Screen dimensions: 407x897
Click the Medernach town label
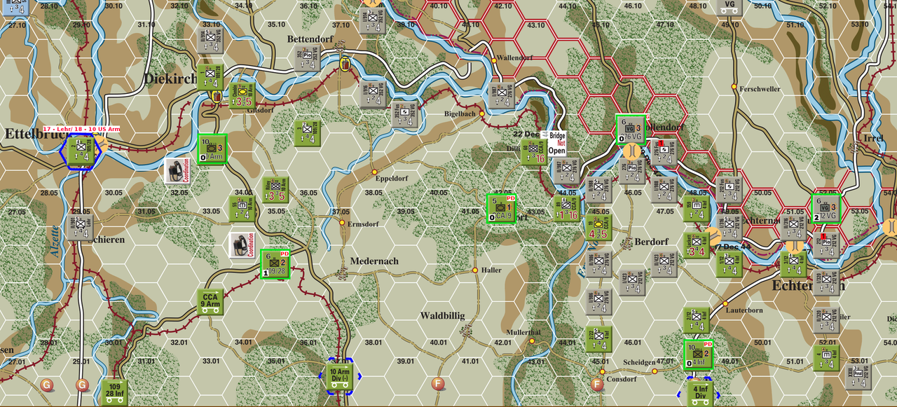click(375, 261)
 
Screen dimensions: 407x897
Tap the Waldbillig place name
click(442, 316)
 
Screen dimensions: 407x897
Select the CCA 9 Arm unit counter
click(210, 301)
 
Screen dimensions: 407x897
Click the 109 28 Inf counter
click(114, 392)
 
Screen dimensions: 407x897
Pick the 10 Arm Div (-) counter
click(340, 375)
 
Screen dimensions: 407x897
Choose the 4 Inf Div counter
click(700, 392)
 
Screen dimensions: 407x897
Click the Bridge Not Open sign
click(557, 143)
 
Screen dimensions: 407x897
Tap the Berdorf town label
click(651, 242)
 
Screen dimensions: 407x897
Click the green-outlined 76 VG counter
click(629, 128)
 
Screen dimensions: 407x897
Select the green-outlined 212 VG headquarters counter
click(825, 208)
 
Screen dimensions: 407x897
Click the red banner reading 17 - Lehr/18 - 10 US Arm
click(81, 129)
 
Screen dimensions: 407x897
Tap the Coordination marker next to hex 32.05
click(176, 171)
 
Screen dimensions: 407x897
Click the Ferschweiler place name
click(760, 89)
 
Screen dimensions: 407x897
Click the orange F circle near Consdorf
click(597, 384)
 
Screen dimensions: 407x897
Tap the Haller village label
click(491, 270)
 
